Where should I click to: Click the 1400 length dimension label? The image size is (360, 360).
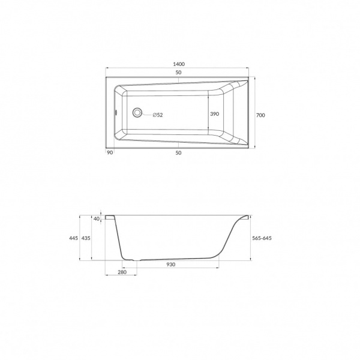coord(179,64)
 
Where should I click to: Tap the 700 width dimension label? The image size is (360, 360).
coord(260,115)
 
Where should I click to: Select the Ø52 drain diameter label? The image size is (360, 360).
coord(158,115)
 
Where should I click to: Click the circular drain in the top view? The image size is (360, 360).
coord(137,113)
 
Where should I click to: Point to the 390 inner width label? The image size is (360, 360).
coord(215,114)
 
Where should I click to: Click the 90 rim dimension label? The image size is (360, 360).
coord(110,152)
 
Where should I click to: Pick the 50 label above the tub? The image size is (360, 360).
coord(178,73)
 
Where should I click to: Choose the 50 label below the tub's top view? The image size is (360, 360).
coord(178,153)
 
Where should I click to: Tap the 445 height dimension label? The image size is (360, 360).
coord(73,238)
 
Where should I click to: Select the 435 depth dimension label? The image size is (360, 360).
coord(86,238)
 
